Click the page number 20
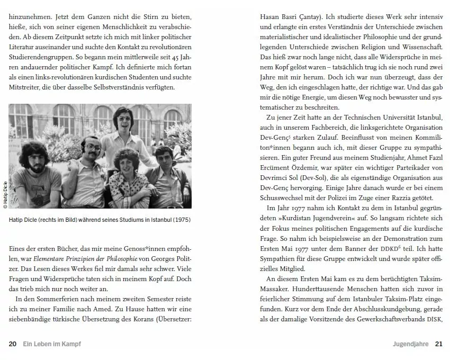pos(12,344)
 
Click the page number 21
pos(438,344)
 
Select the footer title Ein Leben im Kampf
pos(52,344)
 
